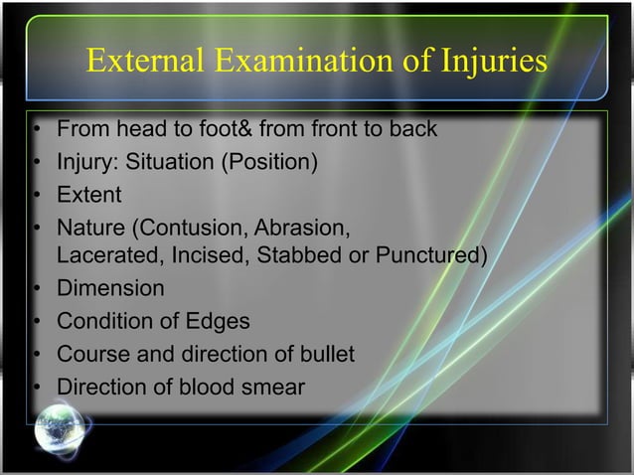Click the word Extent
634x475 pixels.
(x=88, y=194)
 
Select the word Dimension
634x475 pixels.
(x=110, y=289)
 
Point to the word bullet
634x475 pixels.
(x=324, y=354)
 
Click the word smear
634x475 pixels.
(x=271, y=387)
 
